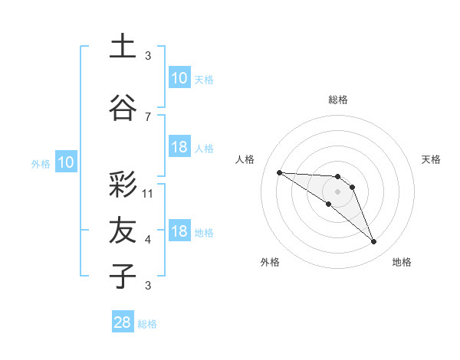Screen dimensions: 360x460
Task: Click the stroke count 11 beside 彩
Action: pyautogui.click(x=148, y=194)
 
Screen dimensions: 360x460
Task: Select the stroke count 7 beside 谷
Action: pyautogui.click(x=148, y=116)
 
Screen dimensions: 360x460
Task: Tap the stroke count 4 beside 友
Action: pyautogui.click(x=148, y=240)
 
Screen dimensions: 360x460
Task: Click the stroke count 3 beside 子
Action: pyautogui.click(x=148, y=286)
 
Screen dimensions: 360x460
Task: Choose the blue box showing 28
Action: pyautogui.click(x=122, y=322)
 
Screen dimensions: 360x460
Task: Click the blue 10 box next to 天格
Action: pyautogui.click(x=179, y=77)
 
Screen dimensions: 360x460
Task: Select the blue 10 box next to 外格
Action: pyautogui.click(x=66, y=162)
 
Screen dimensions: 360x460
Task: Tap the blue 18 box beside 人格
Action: pyautogui.click(x=179, y=147)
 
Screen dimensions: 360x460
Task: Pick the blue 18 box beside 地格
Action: pyautogui.click(x=179, y=231)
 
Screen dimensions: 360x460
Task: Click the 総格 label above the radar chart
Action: pyautogui.click(x=338, y=100)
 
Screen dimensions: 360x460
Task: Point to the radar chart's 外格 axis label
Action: pyautogui.click(x=270, y=262)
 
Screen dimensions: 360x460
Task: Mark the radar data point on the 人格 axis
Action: pyautogui.click(x=279, y=172)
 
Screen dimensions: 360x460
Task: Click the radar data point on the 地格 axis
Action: pyautogui.click(x=374, y=242)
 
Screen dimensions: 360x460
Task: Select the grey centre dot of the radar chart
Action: pyautogui.click(x=338, y=191)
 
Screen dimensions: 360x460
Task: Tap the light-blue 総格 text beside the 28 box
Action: pyautogui.click(x=147, y=324)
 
